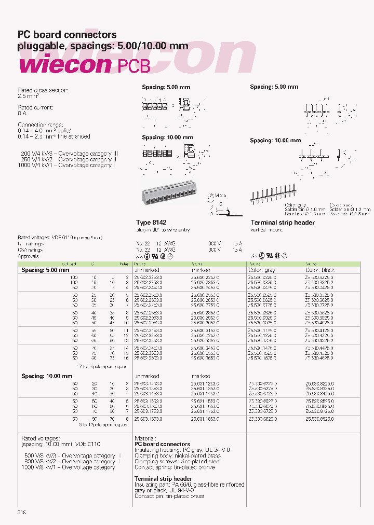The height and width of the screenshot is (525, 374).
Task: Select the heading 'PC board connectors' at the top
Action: coord(68,35)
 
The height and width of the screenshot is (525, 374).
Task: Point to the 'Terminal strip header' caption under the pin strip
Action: coord(283,223)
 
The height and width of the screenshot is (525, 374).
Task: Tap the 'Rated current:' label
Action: coord(36,107)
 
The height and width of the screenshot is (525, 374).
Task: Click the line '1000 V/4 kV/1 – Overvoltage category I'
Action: coord(67,165)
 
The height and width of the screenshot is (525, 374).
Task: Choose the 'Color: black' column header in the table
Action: coord(321,270)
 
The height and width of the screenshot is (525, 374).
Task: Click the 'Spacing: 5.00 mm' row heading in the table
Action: coord(45,270)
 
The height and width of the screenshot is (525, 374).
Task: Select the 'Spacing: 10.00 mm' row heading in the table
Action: coord(47,376)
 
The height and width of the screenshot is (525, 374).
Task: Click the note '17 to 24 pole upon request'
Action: coord(102,366)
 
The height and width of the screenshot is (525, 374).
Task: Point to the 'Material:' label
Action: coord(146,438)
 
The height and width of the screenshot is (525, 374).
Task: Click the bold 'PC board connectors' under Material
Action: coord(162,445)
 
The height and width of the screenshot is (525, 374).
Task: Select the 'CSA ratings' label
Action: coord(30,250)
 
